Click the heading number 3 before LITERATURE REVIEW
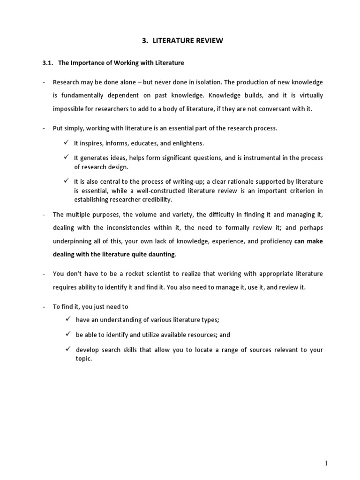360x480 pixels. click(144, 41)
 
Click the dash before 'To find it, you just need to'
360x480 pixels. click(44, 307)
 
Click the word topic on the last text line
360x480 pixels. click(83, 359)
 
